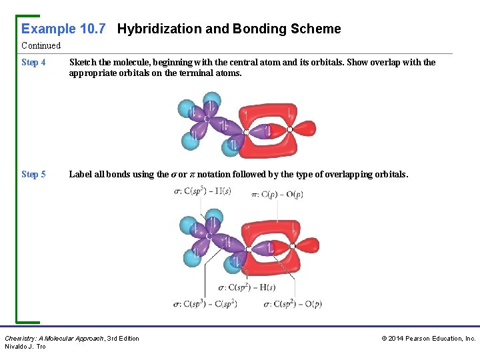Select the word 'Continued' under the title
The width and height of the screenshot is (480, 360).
click(41, 46)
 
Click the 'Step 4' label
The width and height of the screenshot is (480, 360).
click(33, 63)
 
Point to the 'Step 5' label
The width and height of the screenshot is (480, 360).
click(33, 174)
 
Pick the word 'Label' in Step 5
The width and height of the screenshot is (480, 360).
click(81, 174)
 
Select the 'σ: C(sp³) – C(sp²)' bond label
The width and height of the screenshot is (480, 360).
click(205, 304)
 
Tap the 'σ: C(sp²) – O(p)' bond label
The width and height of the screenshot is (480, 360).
click(293, 304)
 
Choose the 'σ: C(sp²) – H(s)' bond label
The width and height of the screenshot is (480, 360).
click(247, 288)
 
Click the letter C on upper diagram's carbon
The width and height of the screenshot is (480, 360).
click(207, 119)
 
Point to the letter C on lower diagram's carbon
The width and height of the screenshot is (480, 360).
click(209, 235)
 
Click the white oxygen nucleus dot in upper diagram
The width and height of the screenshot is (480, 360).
click(289, 129)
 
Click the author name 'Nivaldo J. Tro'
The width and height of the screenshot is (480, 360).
click(25, 347)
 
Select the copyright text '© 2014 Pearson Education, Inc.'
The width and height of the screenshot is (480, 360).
click(428, 339)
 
